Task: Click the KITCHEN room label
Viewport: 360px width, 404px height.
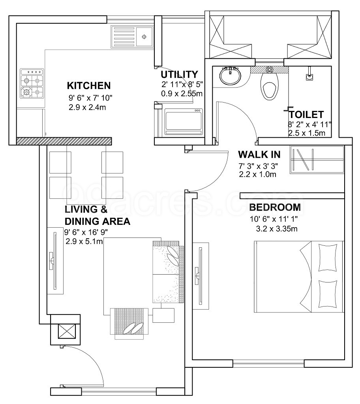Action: [x=88, y=86]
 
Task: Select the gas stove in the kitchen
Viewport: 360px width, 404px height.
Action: [x=32, y=84]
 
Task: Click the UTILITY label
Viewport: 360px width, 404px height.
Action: [x=179, y=75]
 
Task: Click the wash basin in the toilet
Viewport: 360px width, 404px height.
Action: [x=230, y=76]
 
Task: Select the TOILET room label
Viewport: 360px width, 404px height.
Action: [x=306, y=115]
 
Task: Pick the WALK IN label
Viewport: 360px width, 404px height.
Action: [x=259, y=154]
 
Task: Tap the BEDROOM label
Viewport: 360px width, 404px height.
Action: [x=275, y=207]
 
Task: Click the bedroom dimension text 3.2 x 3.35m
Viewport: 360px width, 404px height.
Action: [x=276, y=228]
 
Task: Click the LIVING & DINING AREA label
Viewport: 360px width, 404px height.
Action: [x=97, y=215]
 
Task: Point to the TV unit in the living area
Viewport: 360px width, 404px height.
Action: [x=55, y=261]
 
